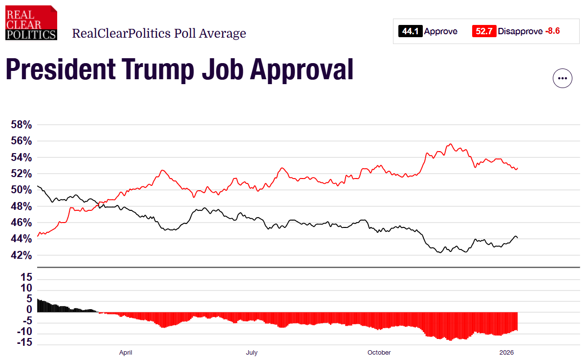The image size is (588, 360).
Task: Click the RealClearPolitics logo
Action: (31, 22)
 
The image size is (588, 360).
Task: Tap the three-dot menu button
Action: (562, 78)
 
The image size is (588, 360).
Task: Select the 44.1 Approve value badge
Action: (411, 31)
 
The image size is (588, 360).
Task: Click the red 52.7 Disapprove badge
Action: (484, 31)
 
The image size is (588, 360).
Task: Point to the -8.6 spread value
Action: (552, 31)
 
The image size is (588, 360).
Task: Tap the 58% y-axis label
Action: (21, 125)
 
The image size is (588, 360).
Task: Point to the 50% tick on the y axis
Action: (21, 190)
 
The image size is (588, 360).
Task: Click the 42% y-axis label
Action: (21, 255)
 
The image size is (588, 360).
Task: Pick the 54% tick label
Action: (21, 157)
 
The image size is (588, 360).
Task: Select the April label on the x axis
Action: (126, 352)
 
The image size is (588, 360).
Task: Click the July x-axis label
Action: (252, 352)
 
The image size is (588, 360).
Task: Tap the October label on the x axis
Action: (379, 352)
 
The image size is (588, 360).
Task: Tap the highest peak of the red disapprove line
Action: (450, 144)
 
